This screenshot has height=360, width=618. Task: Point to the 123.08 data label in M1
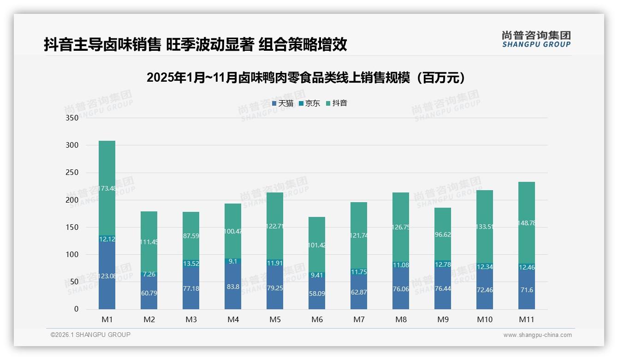pyautogui.click(x=107, y=276)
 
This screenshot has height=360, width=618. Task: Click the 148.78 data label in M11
pyautogui.click(x=527, y=223)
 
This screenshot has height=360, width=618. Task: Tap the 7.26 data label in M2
pyautogui.click(x=149, y=274)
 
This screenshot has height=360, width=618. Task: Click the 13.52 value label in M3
pyautogui.click(x=191, y=264)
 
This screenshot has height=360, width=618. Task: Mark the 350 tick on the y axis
pyautogui.click(x=72, y=118)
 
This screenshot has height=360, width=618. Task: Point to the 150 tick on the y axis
pyautogui.click(x=72, y=227)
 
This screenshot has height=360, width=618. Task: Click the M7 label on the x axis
pyautogui.click(x=359, y=319)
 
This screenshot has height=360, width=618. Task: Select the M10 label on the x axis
pyautogui.click(x=485, y=319)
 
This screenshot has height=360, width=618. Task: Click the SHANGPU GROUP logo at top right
pyautogui.click(x=536, y=39)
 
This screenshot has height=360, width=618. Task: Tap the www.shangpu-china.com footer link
pyautogui.click(x=537, y=335)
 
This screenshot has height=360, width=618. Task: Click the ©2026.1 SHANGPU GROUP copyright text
pyautogui.click(x=90, y=335)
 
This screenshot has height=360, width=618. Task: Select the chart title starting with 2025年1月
pyautogui.click(x=308, y=78)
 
